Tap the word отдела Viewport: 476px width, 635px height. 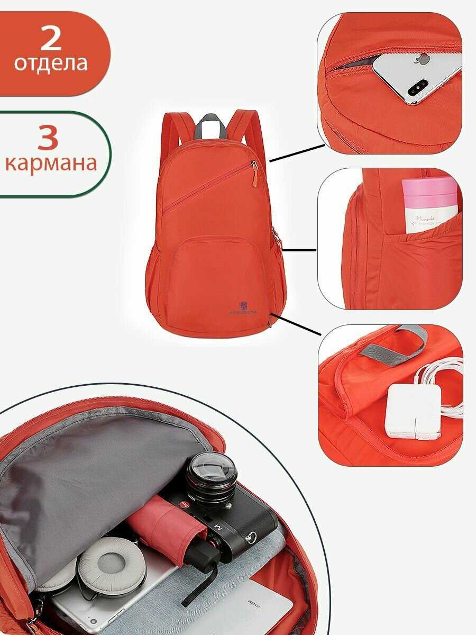pos(51,63)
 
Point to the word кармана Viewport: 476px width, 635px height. pos(51,163)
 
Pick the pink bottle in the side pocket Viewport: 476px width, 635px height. pos(429,204)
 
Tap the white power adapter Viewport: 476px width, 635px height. pos(413,410)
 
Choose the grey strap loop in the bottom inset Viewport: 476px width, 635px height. pos(391,344)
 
